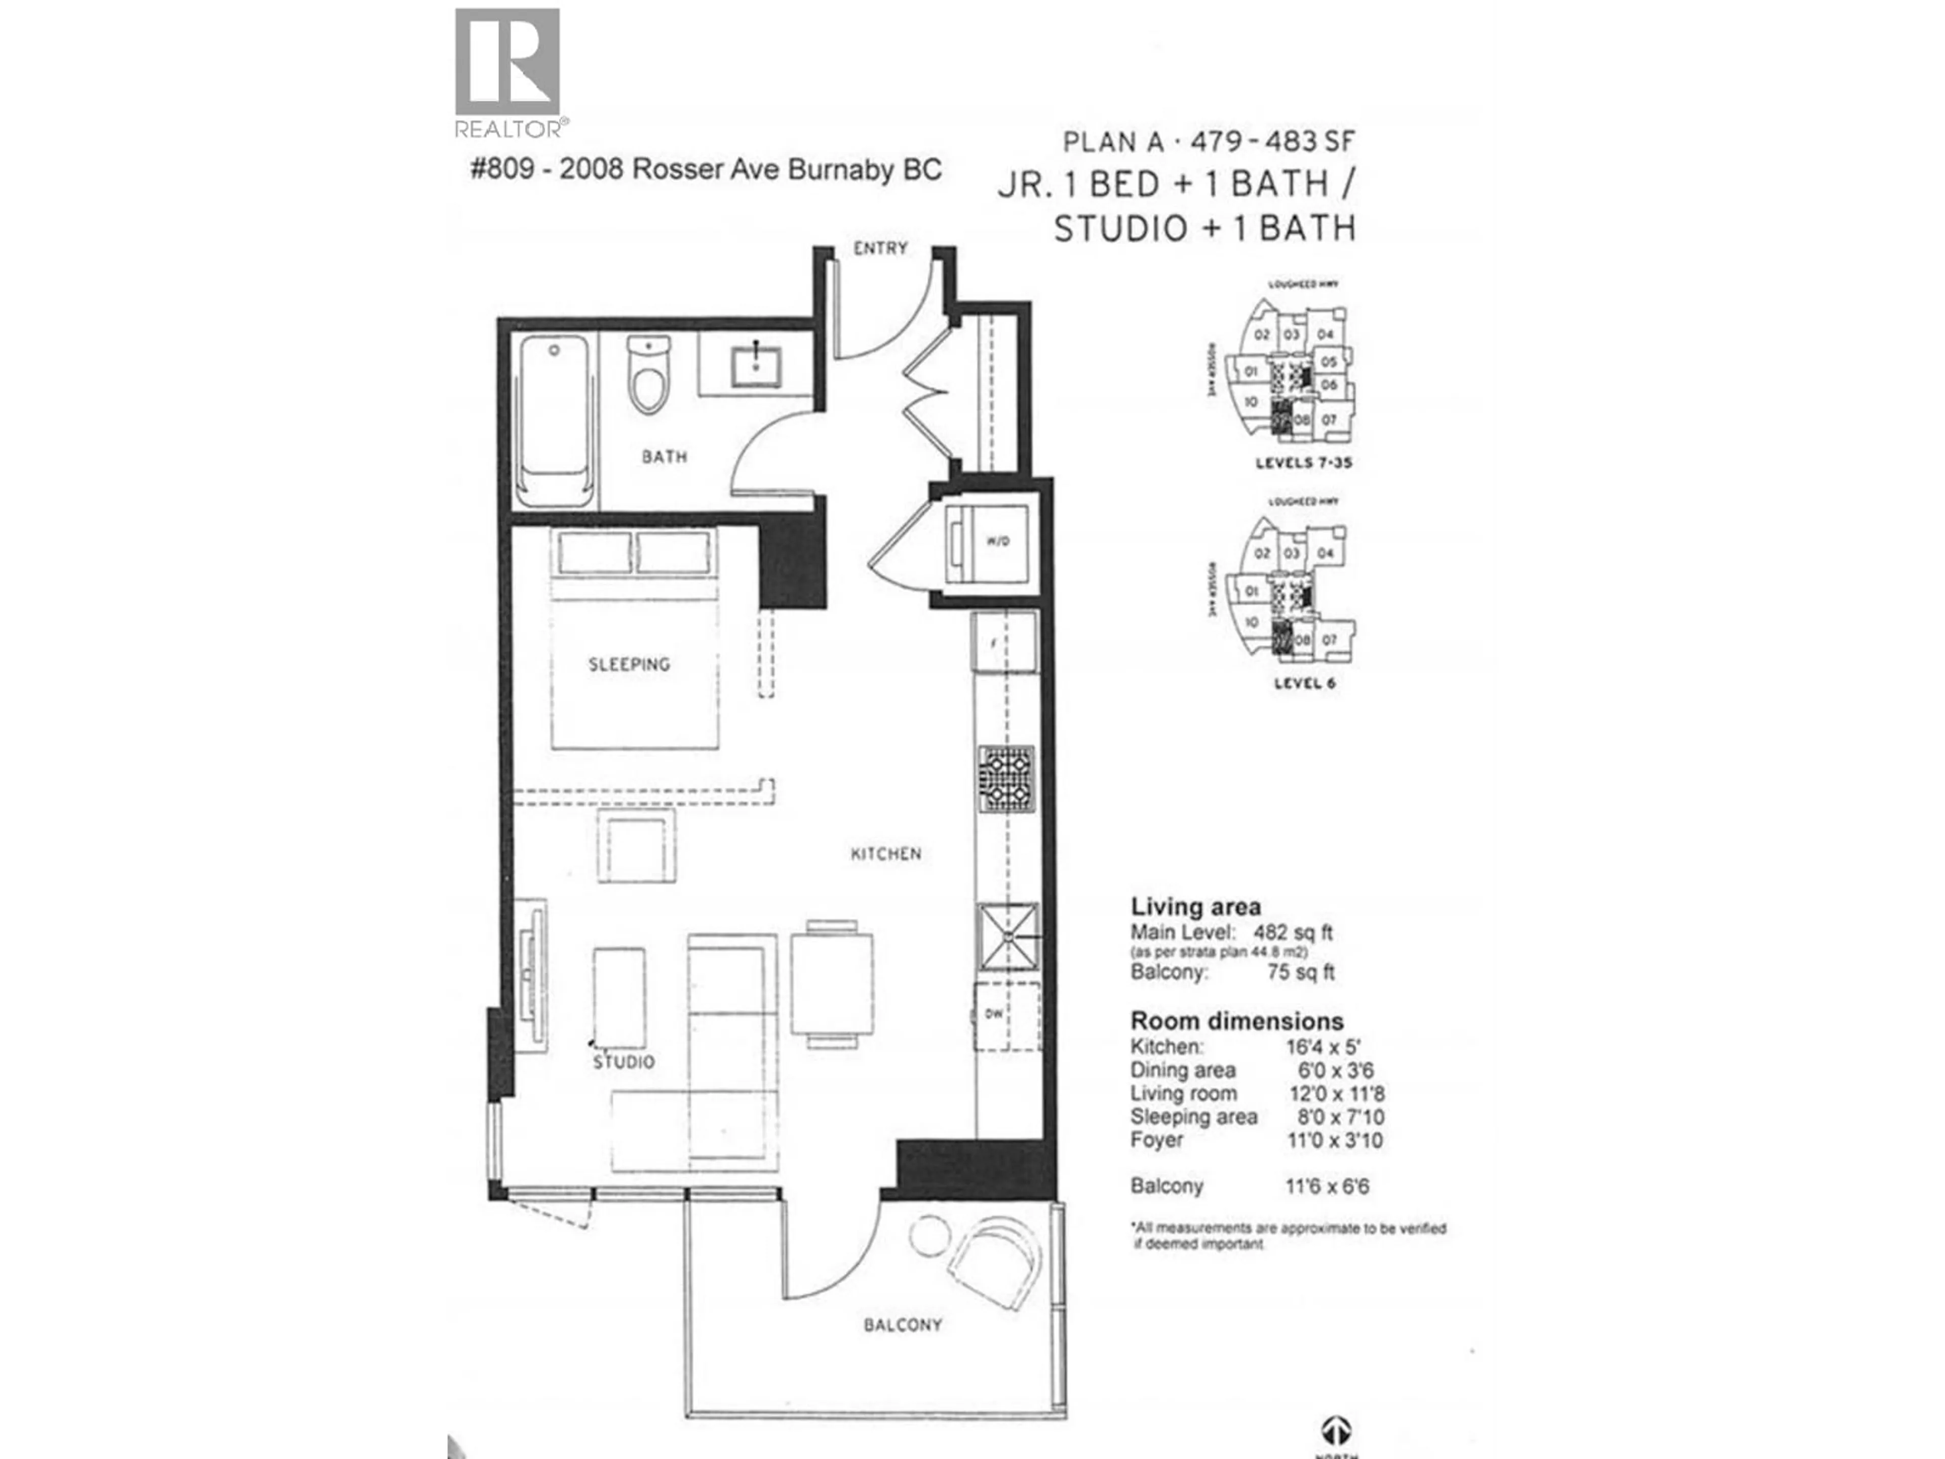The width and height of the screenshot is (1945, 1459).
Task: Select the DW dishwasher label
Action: coord(994,1014)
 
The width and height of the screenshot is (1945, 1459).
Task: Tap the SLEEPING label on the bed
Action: coord(629,665)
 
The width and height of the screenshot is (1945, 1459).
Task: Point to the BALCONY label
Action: coord(902,1324)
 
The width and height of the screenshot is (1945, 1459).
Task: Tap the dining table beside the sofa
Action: coord(832,984)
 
